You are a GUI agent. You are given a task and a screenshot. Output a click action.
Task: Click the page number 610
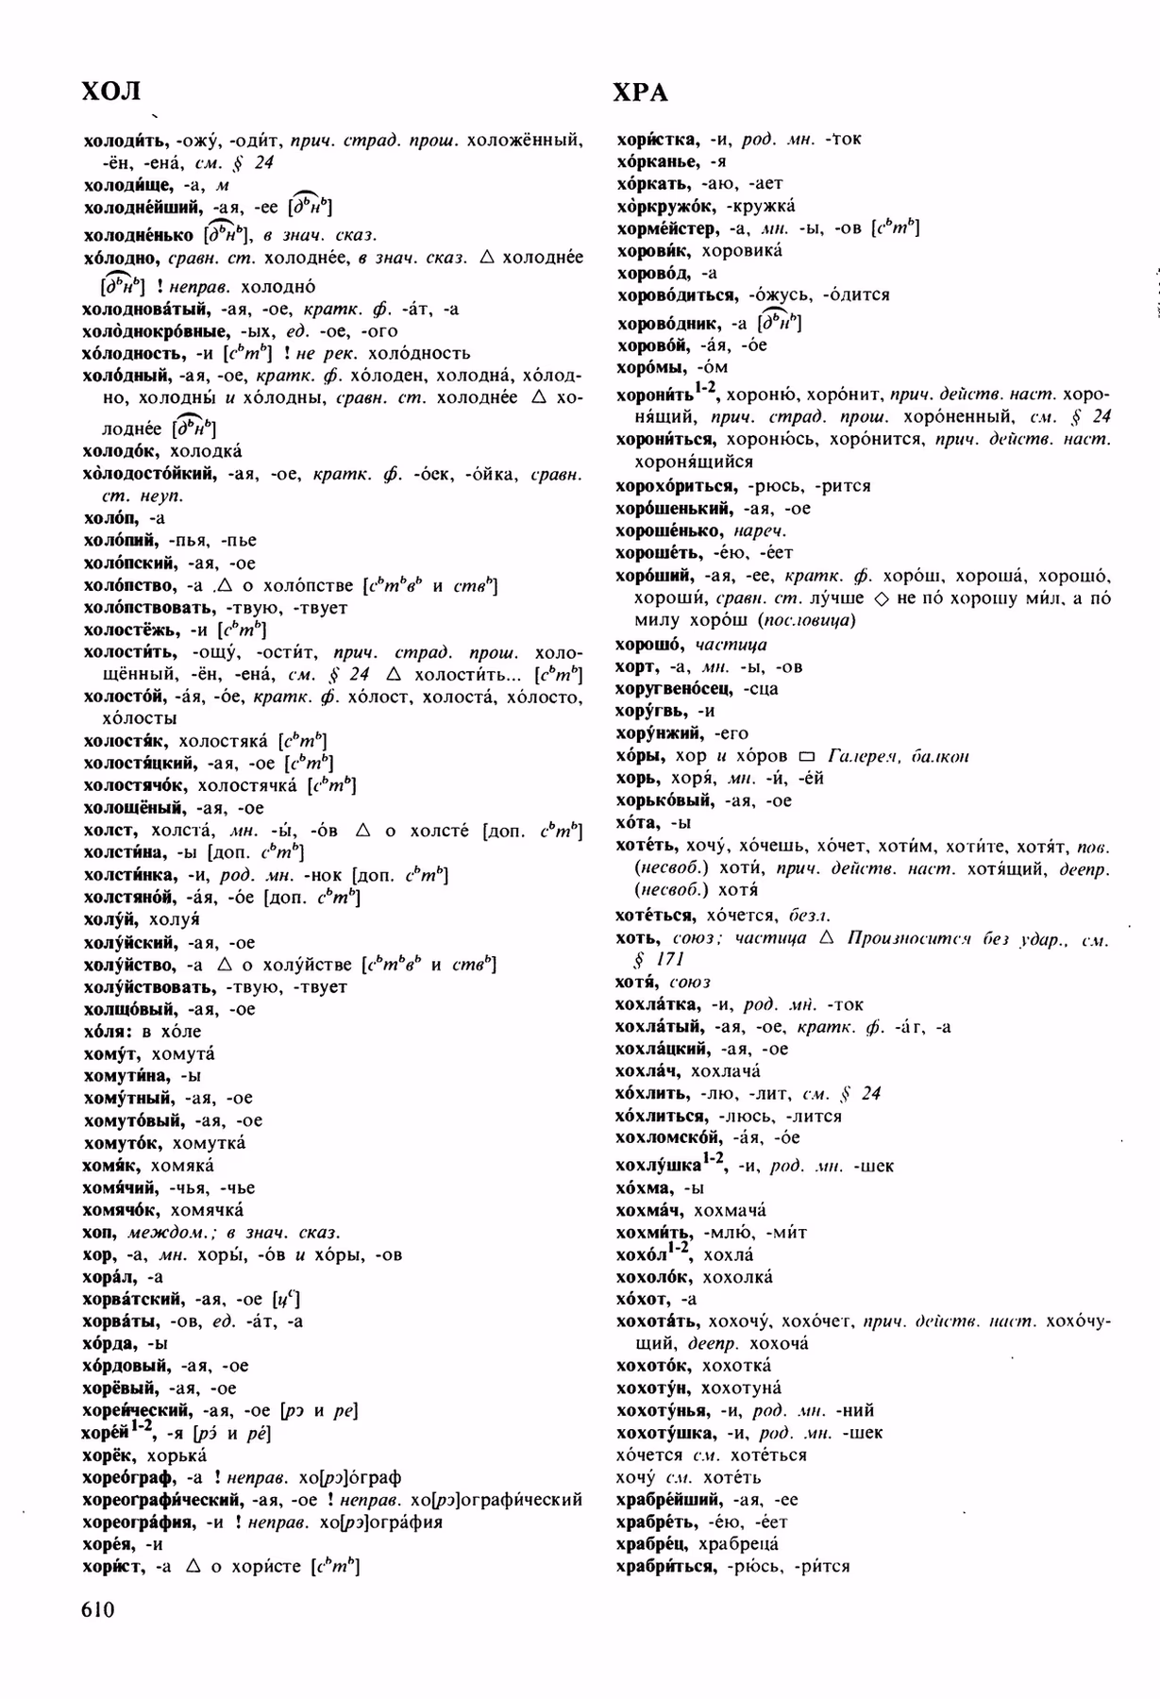pyautogui.click(x=98, y=1608)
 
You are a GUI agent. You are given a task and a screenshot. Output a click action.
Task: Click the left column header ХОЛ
pyautogui.click(x=111, y=92)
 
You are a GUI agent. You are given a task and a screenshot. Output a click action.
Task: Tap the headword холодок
pyautogui.click(x=123, y=451)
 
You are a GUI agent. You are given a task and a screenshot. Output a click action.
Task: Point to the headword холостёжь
pyautogui.click(x=133, y=630)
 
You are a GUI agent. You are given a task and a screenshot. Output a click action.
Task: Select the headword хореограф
pyautogui.click(x=129, y=1477)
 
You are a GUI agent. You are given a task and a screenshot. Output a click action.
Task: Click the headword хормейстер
pyautogui.click(x=666, y=228)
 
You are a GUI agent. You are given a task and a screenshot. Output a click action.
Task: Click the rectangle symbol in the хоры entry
pyautogui.click(x=805, y=756)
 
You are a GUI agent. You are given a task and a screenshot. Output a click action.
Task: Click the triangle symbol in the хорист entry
pyautogui.click(x=193, y=1567)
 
